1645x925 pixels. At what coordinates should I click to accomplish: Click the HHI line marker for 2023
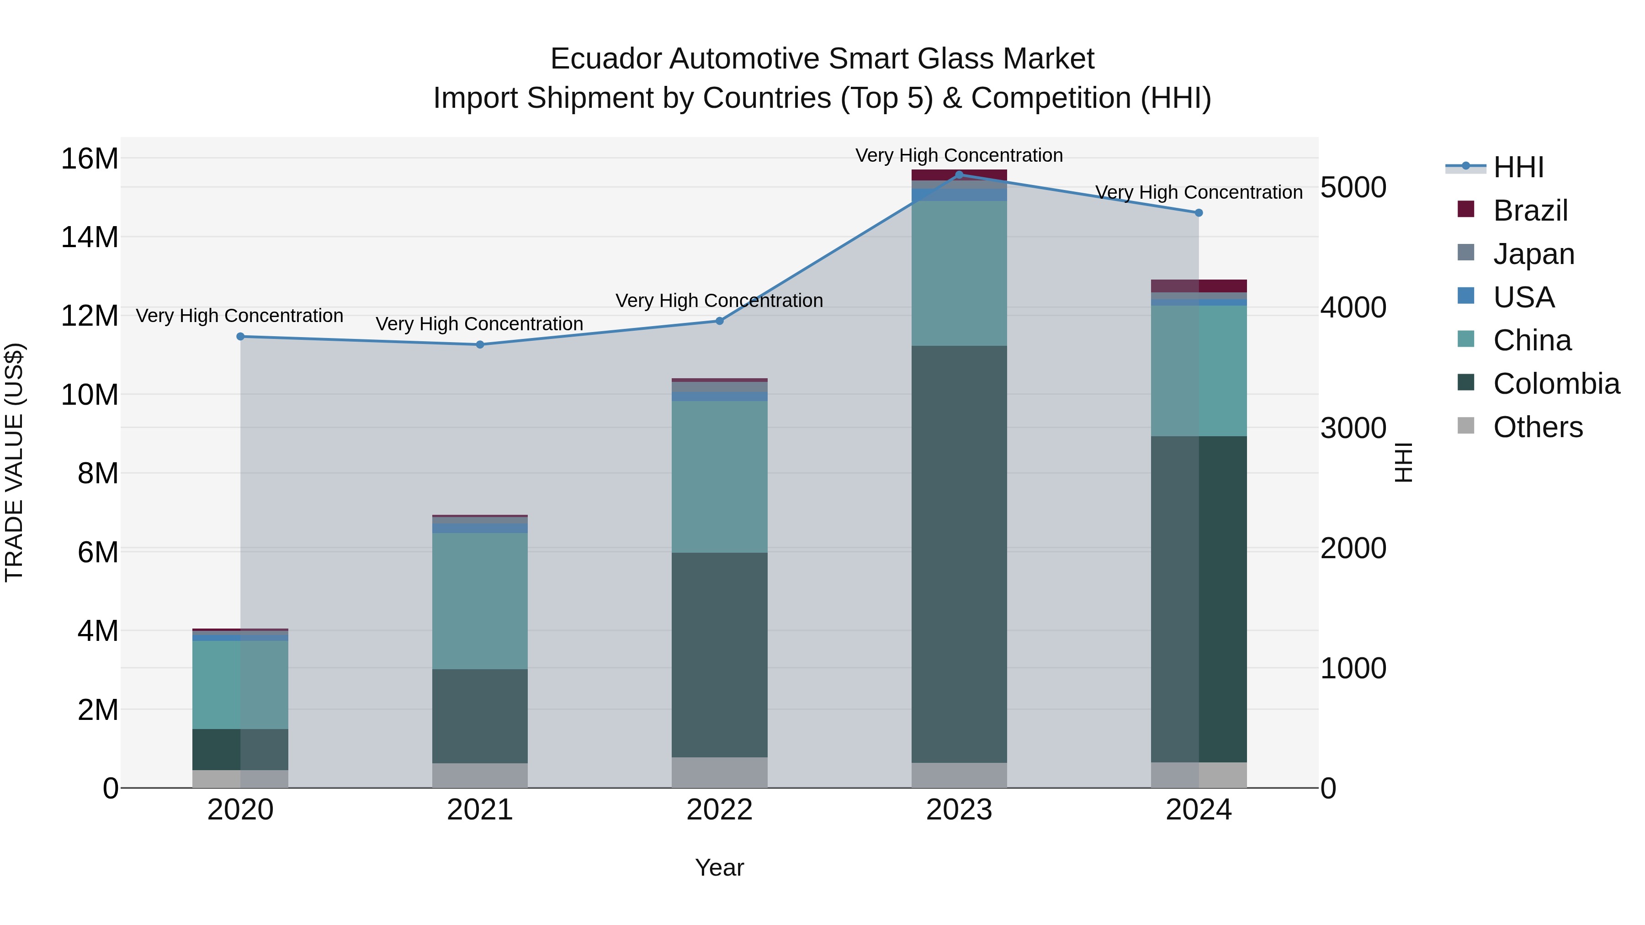coord(959,174)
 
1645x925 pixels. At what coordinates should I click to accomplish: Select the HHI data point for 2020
coord(240,336)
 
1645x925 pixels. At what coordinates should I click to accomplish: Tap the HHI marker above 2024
coord(1198,212)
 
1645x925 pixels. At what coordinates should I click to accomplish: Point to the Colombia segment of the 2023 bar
coord(959,554)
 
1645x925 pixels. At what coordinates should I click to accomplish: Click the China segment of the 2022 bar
coord(719,476)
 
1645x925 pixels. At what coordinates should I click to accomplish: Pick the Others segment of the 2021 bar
coord(480,775)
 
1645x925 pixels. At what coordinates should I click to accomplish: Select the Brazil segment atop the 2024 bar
coord(1198,285)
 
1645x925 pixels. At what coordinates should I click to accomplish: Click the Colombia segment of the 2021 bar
coord(480,716)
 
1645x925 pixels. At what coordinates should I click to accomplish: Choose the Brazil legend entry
coord(1530,211)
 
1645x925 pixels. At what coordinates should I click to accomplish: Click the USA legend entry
coord(1523,297)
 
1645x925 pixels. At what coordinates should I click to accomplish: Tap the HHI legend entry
coord(1518,167)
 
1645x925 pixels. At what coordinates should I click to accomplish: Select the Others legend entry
coord(1537,427)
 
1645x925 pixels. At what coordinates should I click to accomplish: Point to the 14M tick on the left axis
coord(90,237)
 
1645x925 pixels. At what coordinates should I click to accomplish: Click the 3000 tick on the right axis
coord(1353,428)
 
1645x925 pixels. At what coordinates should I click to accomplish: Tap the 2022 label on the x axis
coord(719,810)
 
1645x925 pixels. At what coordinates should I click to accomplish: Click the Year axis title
coord(719,867)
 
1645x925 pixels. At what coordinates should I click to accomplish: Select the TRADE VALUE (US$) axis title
coord(14,462)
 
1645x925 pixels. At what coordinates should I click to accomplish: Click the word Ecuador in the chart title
coord(605,59)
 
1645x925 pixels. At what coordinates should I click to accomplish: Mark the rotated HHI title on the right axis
coord(1403,462)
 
